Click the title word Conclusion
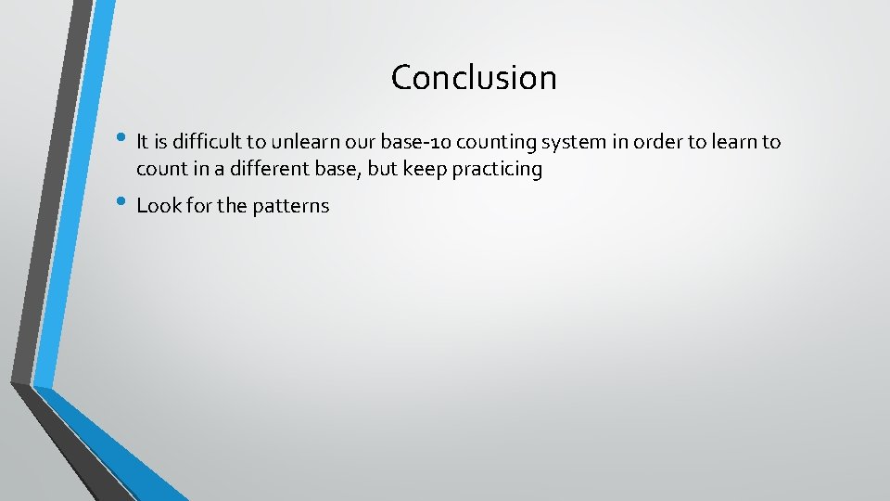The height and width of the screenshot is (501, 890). pos(474,78)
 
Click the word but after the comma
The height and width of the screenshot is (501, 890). pos(386,169)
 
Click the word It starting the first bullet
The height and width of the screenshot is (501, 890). pos(143,142)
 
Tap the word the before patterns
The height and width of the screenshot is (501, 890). pos(231,206)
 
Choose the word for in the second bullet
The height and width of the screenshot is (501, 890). pos(198,206)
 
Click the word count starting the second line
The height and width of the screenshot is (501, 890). pos(159,169)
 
